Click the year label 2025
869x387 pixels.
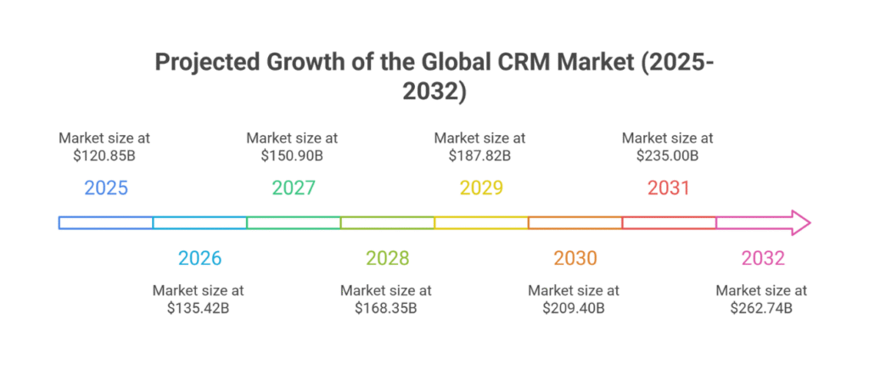coord(106,188)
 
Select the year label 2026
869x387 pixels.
coord(199,258)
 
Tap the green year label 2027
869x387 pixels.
coord(294,188)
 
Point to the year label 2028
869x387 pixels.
coord(388,258)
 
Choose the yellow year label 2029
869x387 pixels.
coord(481,188)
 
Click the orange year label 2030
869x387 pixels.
coord(575,258)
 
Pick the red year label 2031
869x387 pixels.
coord(669,188)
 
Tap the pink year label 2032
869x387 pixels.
coord(763,258)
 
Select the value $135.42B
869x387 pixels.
coord(199,307)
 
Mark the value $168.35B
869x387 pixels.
coord(386,307)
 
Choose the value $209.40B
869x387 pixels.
coord(574,307)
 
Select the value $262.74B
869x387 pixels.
coord(761,307)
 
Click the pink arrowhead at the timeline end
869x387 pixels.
coord(799,223)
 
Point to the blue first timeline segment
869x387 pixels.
coord(106,223)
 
